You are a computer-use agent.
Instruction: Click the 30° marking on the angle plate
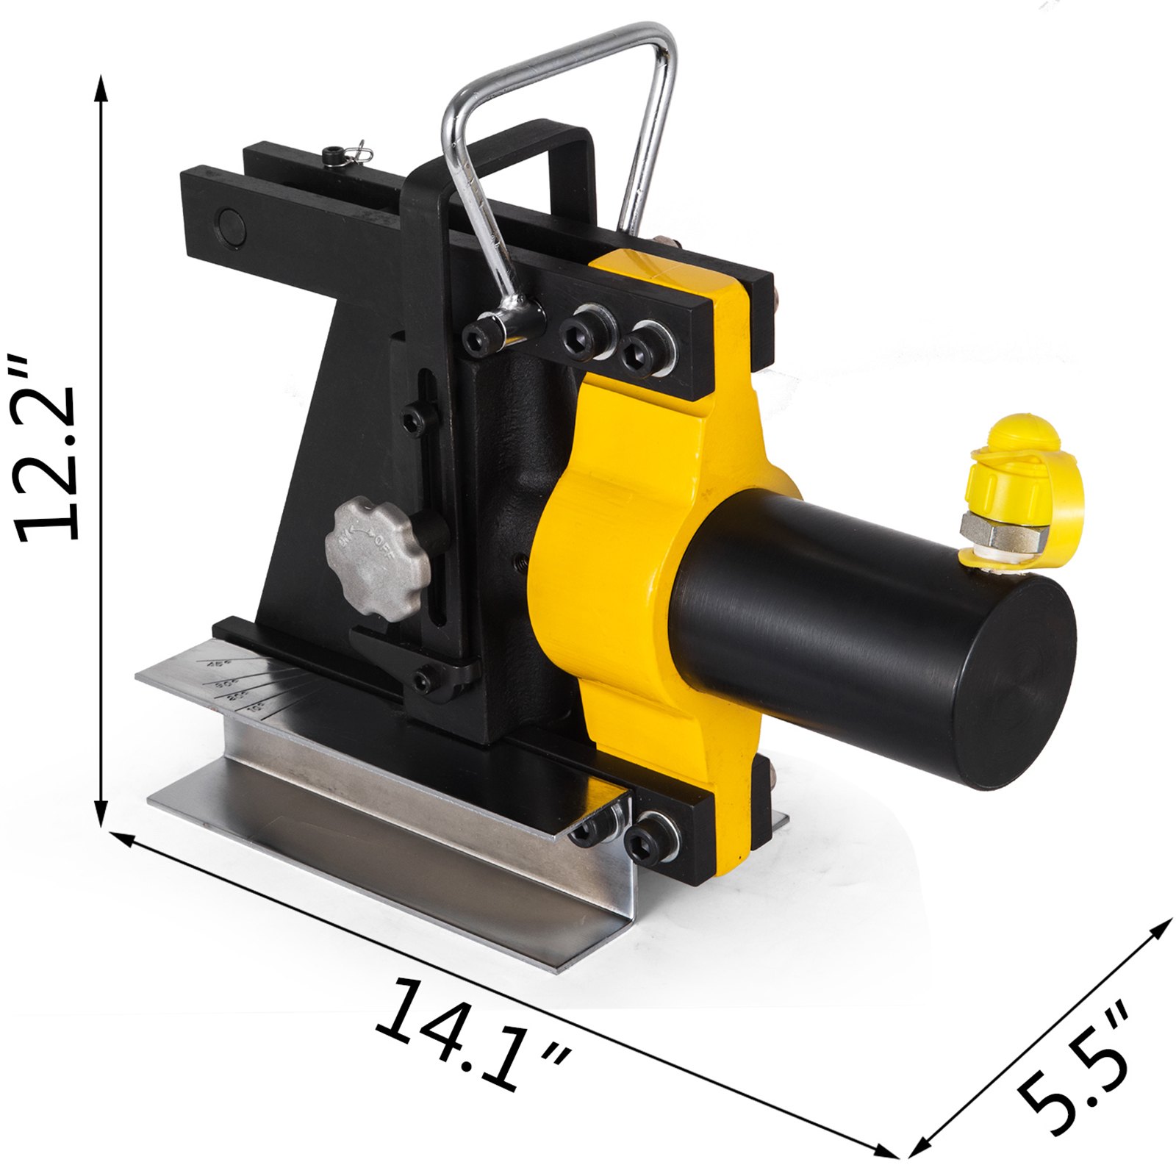click(x=223, y=686)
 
